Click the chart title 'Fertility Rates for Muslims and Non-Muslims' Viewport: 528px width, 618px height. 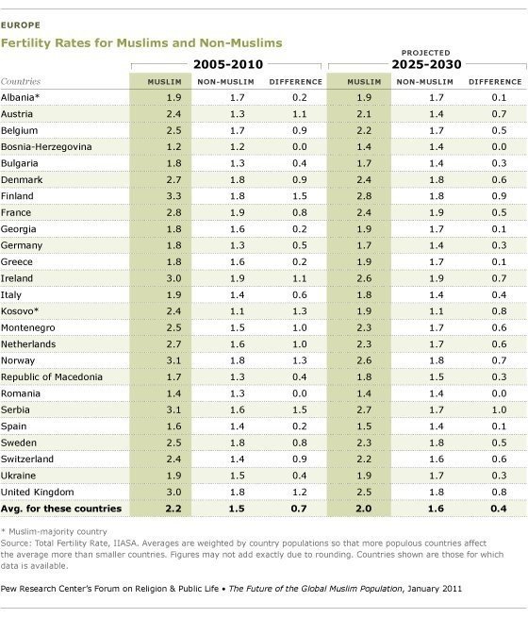(141, 42)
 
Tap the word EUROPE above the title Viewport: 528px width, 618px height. (21, 25)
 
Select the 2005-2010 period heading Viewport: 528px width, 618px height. (228, 64)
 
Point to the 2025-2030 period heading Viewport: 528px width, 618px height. (426, 64)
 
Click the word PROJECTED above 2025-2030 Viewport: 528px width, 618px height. (425, 53)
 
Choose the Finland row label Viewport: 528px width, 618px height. (17, 196)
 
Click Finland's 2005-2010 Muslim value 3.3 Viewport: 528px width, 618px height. (173, 196)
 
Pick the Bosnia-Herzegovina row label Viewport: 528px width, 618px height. (46, 147)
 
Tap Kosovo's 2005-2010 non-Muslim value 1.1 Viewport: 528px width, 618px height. (237, 311)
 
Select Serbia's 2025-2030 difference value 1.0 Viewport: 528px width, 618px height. (499, 409)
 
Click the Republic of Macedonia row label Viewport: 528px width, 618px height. (52, 376)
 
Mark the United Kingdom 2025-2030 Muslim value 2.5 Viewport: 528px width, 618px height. (364, 492)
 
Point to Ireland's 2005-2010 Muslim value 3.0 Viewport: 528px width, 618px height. (173, 278)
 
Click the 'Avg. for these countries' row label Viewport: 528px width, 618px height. (61, 509)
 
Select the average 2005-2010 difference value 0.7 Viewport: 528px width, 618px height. (299, 509)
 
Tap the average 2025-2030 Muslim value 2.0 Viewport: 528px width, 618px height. (363, 509)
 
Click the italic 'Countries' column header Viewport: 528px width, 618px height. (21, 81)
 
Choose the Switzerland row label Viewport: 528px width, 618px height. (27, 459)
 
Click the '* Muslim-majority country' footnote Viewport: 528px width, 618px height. (54, 532)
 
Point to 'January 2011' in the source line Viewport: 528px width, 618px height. (435, 589)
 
